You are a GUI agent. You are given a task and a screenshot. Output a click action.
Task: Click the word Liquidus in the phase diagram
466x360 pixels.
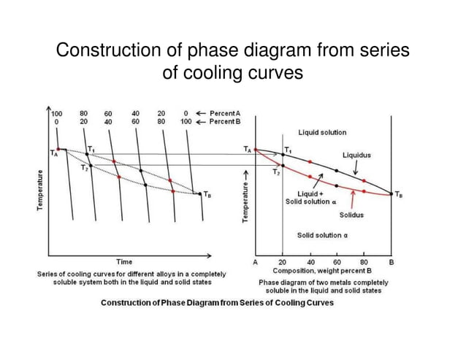point(356,156)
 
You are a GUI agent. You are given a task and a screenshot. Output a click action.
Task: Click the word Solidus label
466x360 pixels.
point(351,215)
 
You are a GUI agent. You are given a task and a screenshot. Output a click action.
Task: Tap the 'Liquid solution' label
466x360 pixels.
point(322,132)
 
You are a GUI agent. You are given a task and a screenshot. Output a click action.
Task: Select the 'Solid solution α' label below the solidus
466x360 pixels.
point(321,235)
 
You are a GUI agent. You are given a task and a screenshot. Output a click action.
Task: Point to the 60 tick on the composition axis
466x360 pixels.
point(337,261)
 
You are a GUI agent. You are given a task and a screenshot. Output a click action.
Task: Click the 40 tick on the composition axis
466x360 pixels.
point(310,261)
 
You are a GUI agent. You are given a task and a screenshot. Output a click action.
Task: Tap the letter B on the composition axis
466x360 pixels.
point(391,261)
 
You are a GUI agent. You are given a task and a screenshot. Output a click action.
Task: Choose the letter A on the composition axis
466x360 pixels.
point(256,261)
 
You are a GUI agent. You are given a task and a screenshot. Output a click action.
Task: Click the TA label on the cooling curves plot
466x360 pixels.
point(54,154)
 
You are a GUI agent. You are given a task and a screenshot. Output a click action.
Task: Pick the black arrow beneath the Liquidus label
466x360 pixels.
point(356,167)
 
